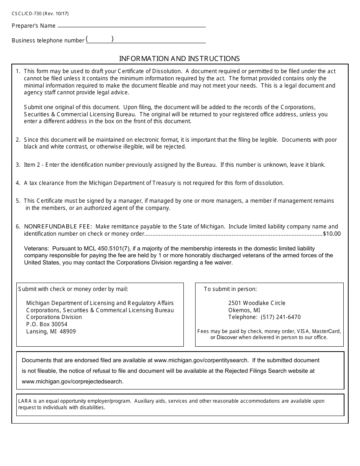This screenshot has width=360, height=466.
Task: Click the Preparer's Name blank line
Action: (x=131, y=26)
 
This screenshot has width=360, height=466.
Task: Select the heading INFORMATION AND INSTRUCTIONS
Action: (x=179, y=59)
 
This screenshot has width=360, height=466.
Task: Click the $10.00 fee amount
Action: (x=332, y=234)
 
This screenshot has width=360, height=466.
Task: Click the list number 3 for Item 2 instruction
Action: (x=18, y=165)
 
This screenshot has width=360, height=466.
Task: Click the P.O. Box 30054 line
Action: (x=47, y=324)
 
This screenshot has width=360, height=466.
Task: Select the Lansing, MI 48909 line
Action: (x=51, y=332)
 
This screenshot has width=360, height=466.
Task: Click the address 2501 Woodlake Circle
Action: (x=257, y=303)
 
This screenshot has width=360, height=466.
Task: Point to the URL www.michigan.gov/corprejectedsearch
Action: (x=72, y=382)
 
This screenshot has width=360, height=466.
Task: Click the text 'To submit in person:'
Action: (x=230, y=289)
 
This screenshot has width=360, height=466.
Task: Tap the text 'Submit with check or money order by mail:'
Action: (x=73, y=289)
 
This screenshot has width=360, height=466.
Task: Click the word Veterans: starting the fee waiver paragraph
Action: (x=36, y=249)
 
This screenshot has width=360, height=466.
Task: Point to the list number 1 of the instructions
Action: (x=18, y=71)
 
